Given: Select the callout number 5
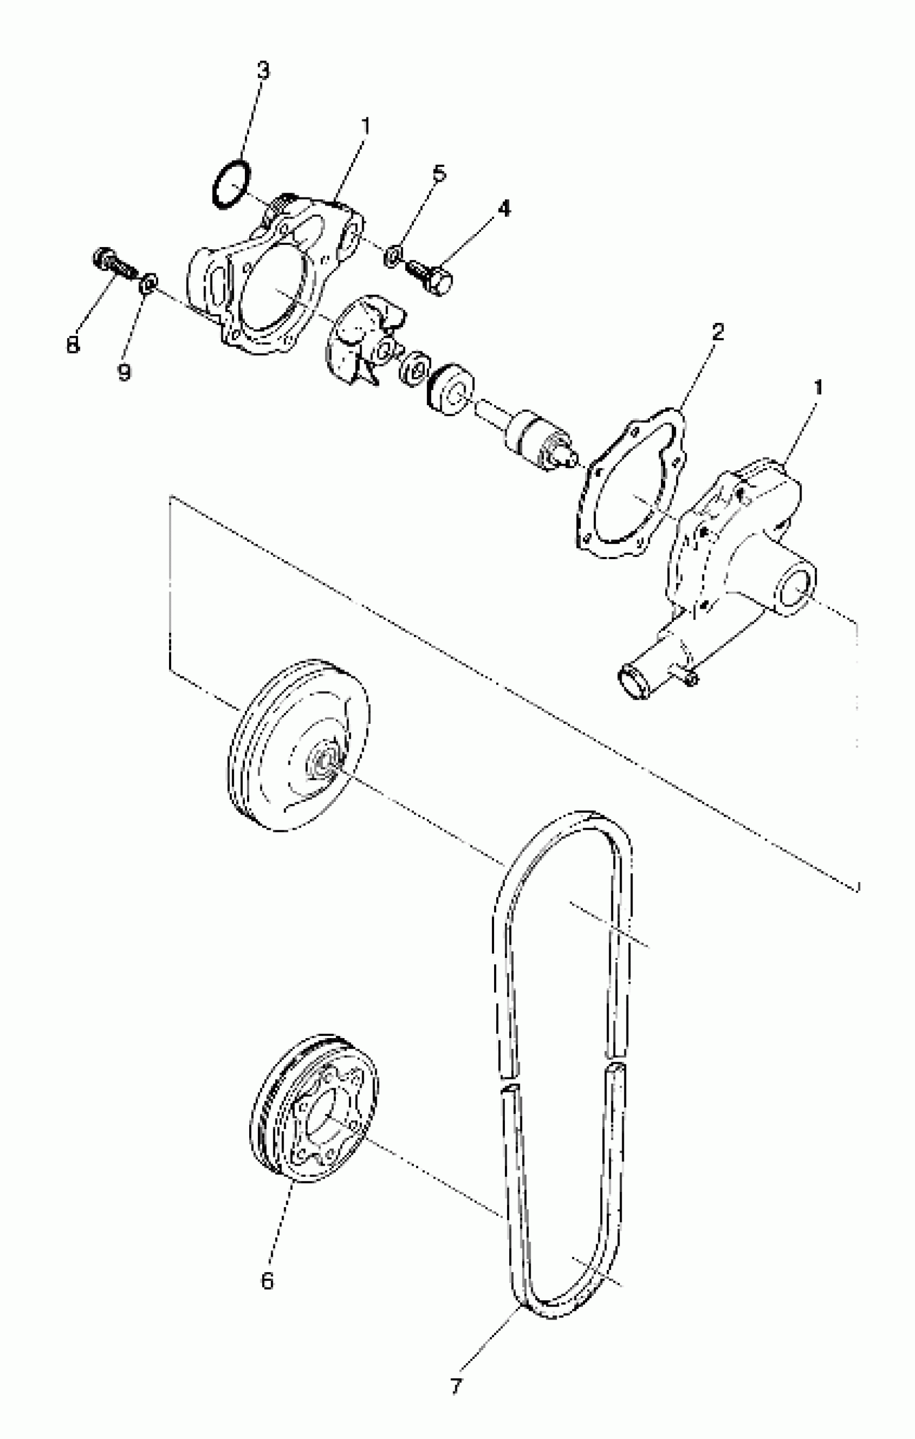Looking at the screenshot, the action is [x=439, y=173].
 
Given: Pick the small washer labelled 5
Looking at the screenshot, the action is [x=392, y=256].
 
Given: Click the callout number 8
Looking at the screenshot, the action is [x=73, y=344].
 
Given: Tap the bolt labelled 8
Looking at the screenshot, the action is [x=114, y=265].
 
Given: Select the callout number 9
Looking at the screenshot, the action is [x=124, y=372].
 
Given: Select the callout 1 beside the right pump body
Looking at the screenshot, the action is [x=818, y=388].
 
